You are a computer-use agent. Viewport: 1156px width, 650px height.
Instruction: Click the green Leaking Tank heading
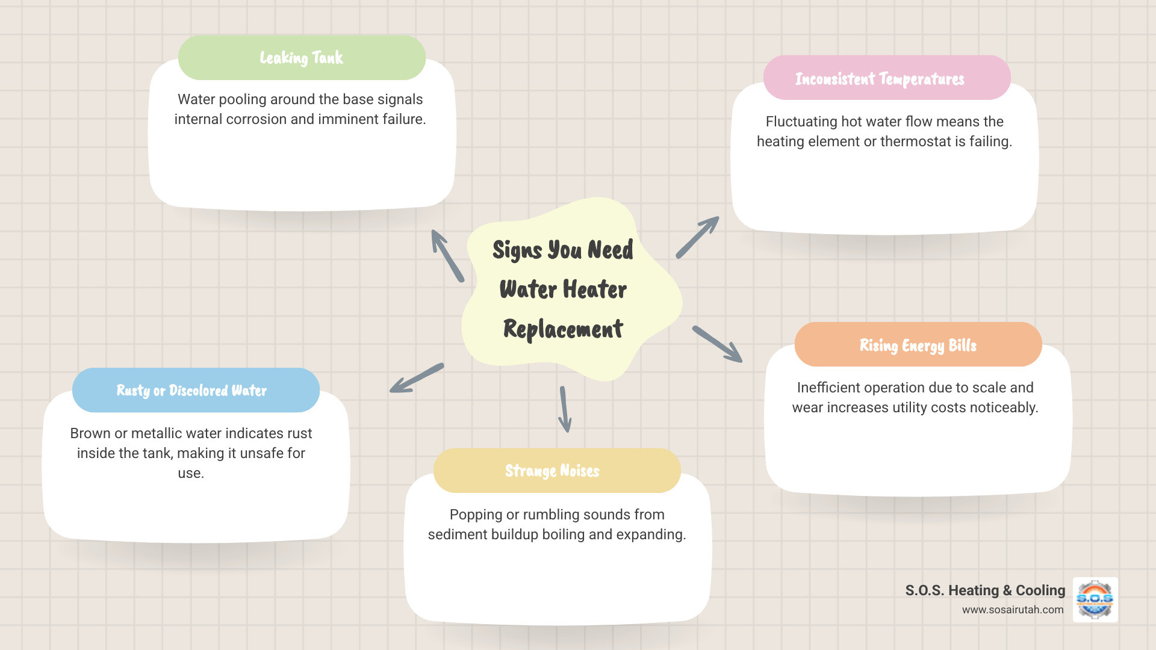coord(301,58)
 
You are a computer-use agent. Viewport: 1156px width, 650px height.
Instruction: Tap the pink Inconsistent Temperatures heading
coord(880,79)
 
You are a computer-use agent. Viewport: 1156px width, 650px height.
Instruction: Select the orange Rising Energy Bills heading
coord(918,345)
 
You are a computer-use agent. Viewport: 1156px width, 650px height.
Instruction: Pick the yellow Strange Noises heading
coord(552,471)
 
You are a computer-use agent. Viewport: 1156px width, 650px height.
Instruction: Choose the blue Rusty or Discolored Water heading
coord(191,391)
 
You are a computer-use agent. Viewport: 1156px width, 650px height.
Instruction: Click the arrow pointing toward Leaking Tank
coord(447,256)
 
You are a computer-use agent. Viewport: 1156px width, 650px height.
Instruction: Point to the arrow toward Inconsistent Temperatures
coord(697,238)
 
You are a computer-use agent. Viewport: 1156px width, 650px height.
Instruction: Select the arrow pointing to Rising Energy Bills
coord(717,344)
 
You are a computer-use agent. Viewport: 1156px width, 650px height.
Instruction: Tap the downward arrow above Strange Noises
coord(565,409)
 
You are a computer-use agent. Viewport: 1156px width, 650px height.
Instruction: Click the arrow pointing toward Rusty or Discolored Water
coord(417,379)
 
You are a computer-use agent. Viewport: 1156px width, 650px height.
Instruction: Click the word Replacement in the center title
coord(563,329)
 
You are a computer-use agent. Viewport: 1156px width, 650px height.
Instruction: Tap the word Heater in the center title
coord(595,289)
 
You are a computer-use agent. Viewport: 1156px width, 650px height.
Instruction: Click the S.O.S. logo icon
coord(1095,599)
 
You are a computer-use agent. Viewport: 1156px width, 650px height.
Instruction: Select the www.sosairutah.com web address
coord(1013,610)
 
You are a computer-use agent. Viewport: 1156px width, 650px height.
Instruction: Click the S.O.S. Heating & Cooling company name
coord(985,590)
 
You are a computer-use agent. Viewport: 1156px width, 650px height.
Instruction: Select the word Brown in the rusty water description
coord(90,433)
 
